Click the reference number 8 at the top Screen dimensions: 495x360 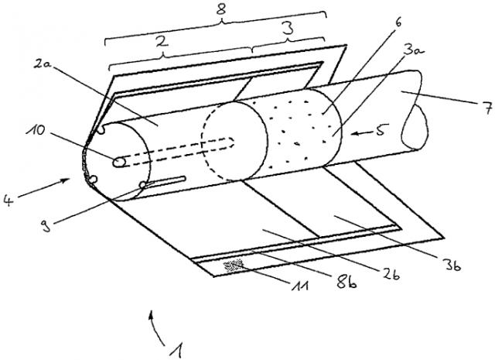tap(221, 9)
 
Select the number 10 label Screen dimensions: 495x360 tap(36, 129)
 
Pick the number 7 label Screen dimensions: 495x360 tap(488, 108)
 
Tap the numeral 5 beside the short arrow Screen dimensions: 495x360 tap(381, 130)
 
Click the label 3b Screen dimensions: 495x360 tap(452, 265)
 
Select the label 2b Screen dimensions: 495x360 tap(391, 274)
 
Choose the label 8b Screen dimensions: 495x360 tap(347, 281)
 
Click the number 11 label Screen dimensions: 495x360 tap(299, 286)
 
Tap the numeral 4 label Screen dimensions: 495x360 tap(9, 201)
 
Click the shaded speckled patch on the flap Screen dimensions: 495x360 tap(234, 265)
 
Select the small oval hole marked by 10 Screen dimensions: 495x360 tap(119, 163)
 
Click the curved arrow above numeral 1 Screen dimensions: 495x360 tap(156, 327)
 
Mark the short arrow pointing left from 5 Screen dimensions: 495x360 tap(361, 134)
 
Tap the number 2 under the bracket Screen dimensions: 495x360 tap(162, 42)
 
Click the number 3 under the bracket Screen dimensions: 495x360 tap(288, 29)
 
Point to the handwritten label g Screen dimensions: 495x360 tap(46, 225)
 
